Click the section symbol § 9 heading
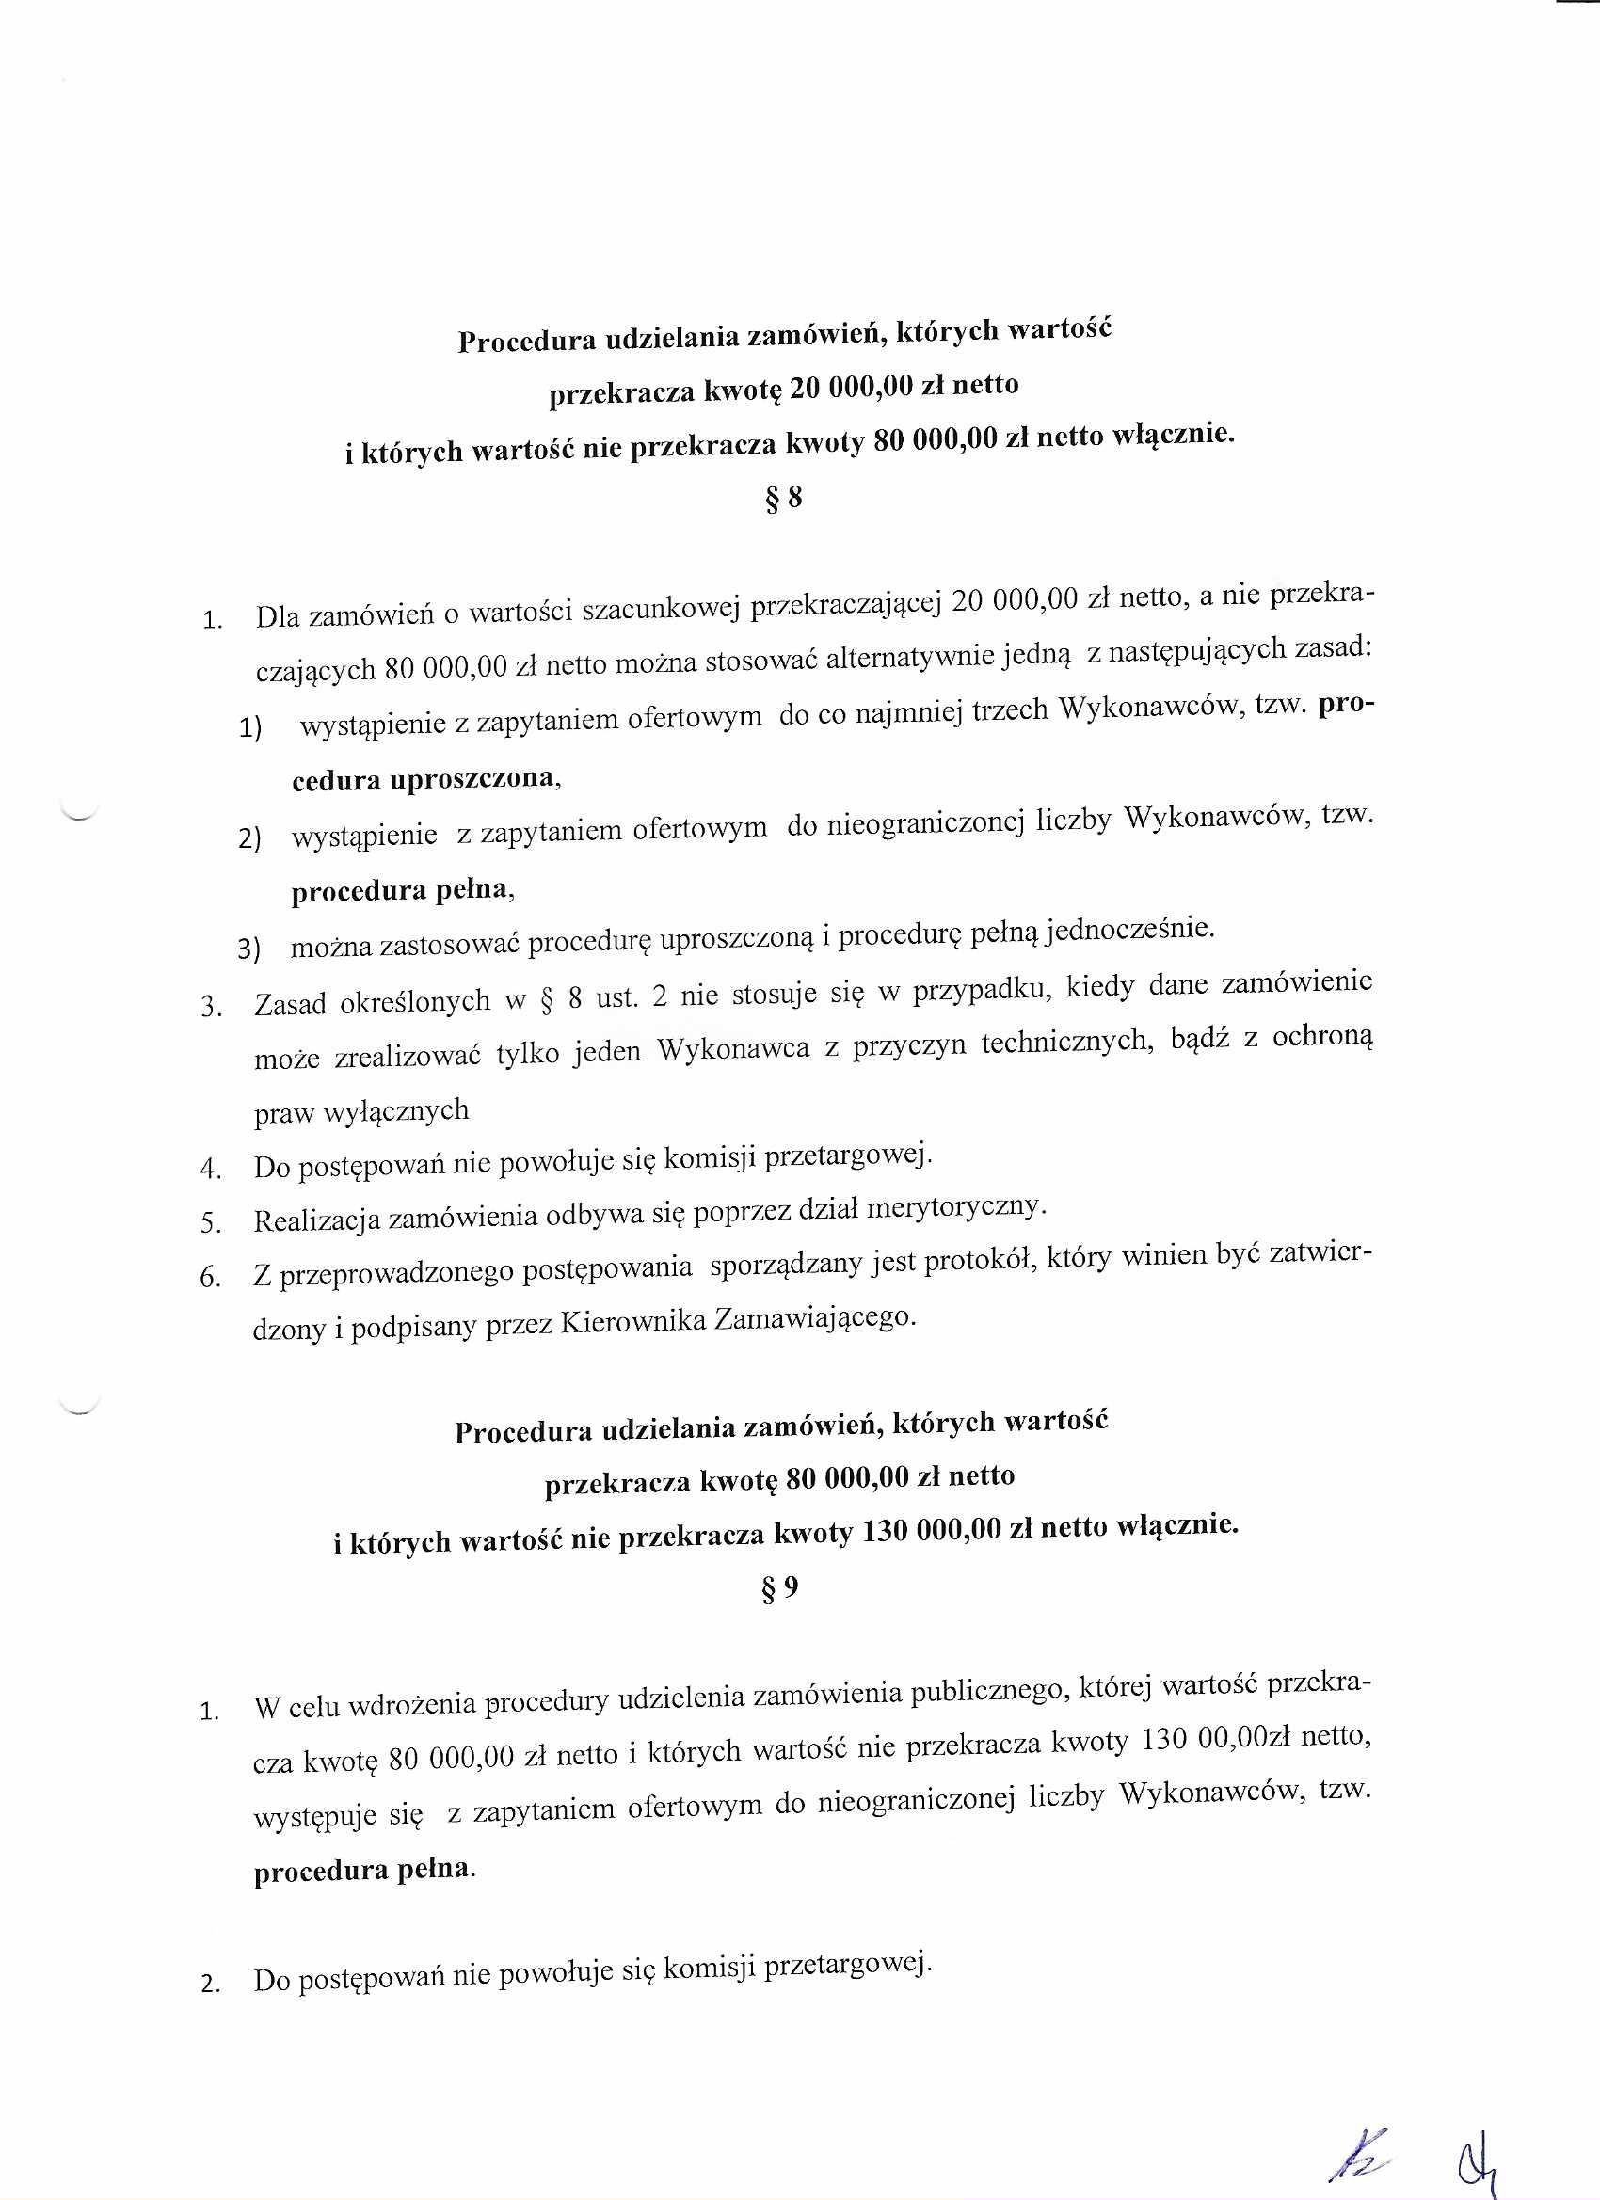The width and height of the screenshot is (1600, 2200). [x=782, y=1588]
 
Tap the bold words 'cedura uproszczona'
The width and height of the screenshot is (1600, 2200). [x=425, y=779]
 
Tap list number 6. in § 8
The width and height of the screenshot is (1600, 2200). [x=210, y=1278]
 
